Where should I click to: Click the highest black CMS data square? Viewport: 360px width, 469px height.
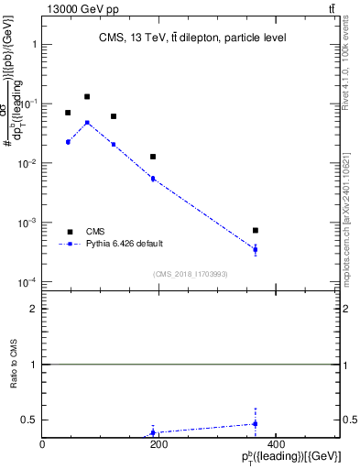(87, 96)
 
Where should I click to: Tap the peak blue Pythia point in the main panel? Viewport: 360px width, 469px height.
(87, 122)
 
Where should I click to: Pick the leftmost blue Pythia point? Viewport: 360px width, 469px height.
(68, 142)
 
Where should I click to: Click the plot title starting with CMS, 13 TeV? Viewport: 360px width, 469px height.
(192, 38)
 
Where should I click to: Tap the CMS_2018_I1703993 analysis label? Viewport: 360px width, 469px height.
(191, 274)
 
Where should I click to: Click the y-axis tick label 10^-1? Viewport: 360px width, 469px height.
(27, 104)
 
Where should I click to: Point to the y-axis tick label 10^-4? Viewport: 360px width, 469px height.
(27, 282)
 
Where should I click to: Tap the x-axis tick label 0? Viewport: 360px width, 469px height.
(42, 444)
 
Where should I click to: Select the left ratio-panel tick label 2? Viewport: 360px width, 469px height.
(33, 310)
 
